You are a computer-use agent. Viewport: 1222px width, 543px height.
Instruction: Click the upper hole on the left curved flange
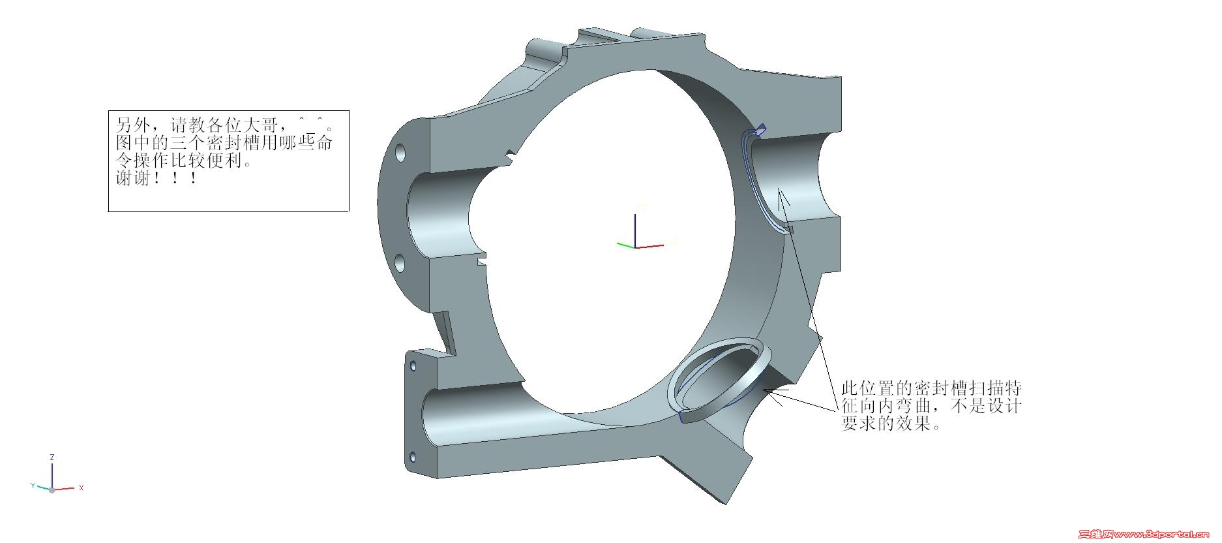[400, 154]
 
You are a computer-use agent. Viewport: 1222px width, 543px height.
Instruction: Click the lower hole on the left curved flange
[400, 264]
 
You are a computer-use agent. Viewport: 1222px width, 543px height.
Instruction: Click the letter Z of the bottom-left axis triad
[52, 457]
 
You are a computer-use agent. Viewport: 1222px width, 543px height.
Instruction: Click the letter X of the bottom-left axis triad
[81, 488]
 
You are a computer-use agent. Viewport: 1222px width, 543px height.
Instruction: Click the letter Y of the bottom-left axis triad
[33, 486]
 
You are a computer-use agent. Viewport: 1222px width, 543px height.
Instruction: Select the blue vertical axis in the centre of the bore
[636, 230]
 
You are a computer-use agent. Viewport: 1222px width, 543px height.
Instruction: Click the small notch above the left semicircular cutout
[509, 156]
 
